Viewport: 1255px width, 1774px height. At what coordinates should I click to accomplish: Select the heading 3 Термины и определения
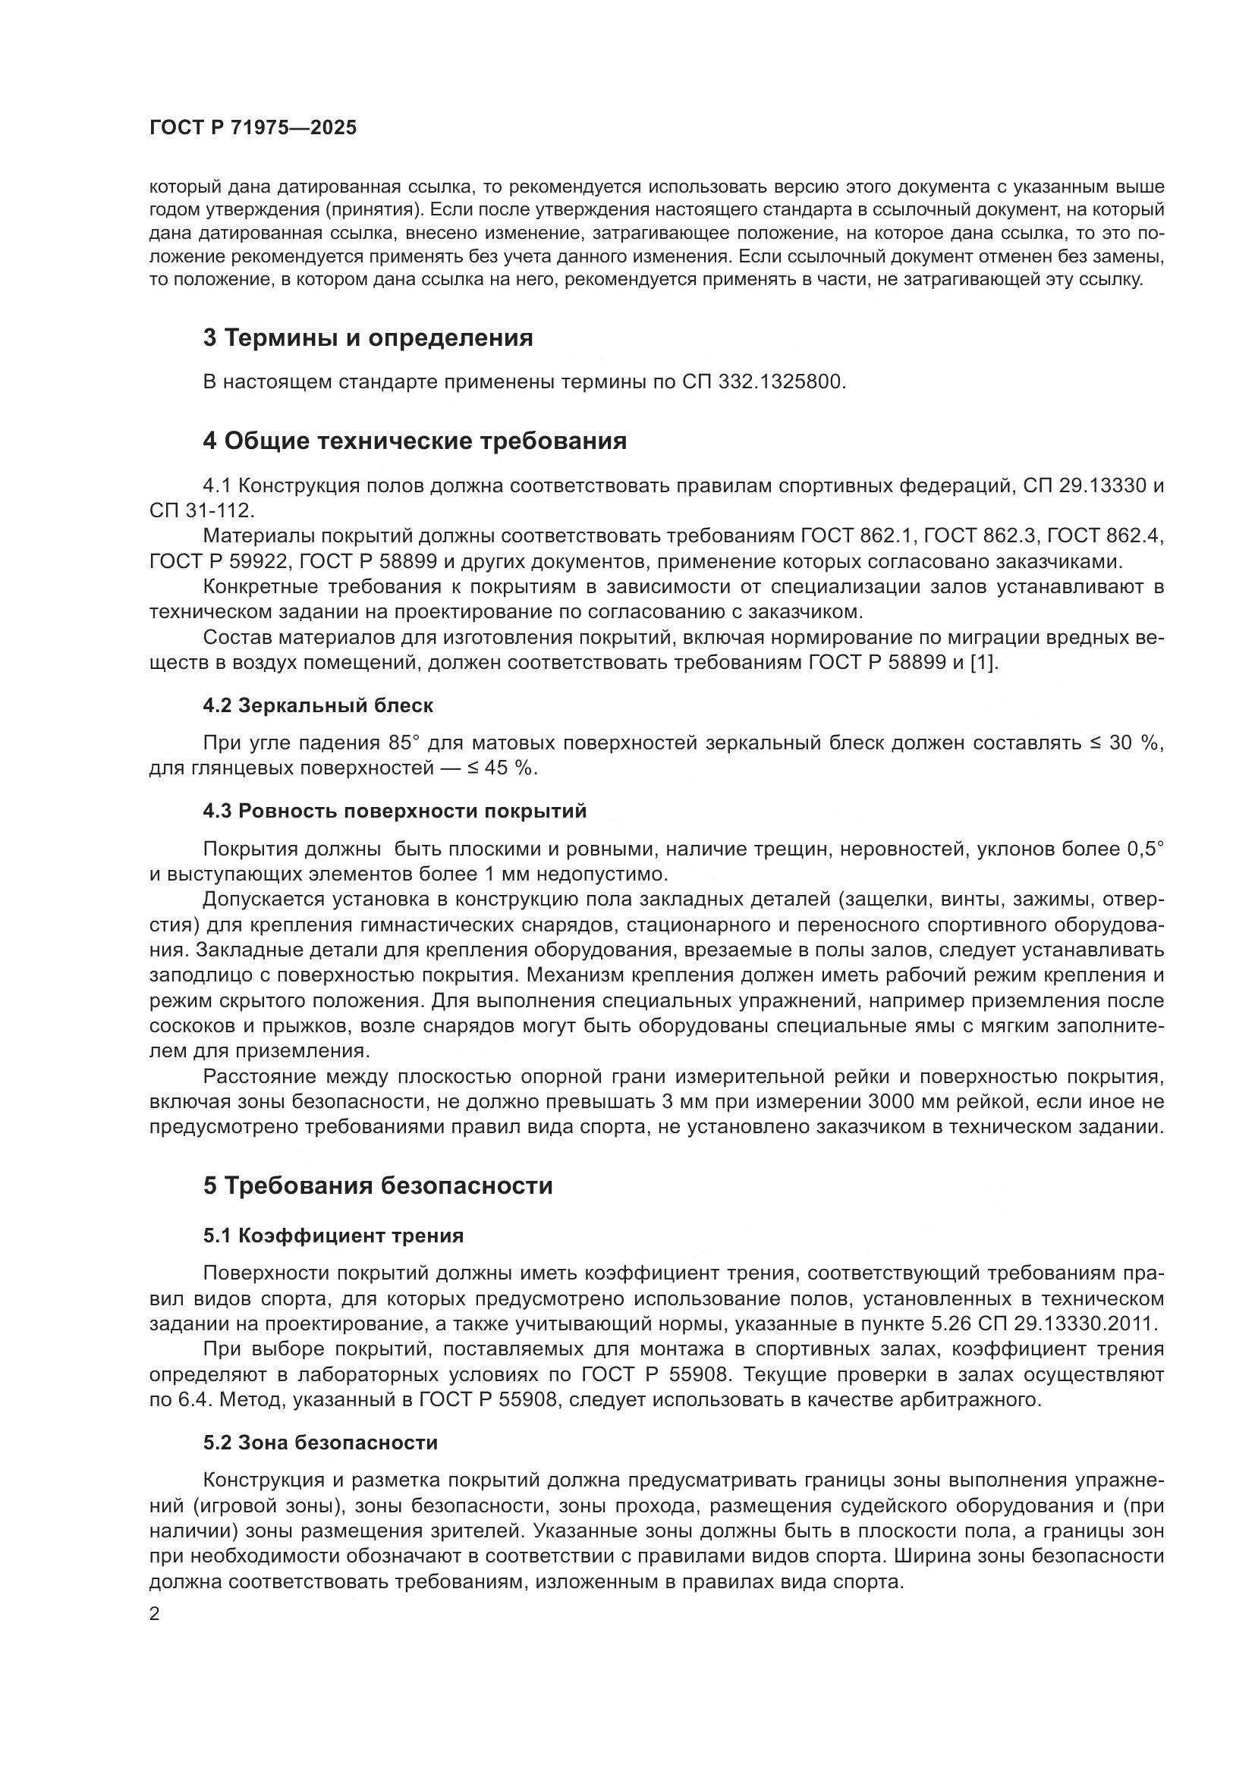tap(368, 338)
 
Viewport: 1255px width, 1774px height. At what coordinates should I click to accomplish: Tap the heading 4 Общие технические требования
tap(414, 441)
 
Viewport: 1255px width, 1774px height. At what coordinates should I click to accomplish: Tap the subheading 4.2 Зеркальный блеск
tap(318, 705)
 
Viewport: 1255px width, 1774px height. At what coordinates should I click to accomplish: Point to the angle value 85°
tap(403, 743)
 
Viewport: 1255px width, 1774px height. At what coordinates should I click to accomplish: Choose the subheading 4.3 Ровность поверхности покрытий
tap(394, 811)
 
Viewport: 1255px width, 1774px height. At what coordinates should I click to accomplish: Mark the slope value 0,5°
tap(1144, 849)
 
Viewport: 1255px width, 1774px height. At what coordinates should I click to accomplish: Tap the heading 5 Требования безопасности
tap(378, 1185)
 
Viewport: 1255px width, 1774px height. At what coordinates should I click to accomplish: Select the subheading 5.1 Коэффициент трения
tap(333, 1236)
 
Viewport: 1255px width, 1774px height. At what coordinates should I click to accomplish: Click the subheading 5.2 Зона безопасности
tap(320, 1443)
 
